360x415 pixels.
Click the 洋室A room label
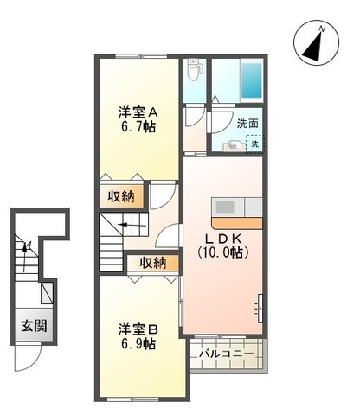[138, 112]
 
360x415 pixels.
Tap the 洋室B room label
[138, 330]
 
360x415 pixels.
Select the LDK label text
[223, 239]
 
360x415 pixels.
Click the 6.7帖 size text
[138, 126]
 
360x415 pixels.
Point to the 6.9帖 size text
[138, 344]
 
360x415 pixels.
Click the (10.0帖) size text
[223, 252]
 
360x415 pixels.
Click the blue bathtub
[252, 80]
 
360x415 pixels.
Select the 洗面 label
[247, 124]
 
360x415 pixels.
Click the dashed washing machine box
[254, 144]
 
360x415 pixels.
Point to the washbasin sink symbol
[234, 146]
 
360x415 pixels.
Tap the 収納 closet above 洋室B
[153, 263]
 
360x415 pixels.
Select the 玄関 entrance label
[34, 326]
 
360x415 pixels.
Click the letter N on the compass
[322, 29]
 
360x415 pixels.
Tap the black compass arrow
[313, 47]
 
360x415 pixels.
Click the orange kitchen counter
[237, 223]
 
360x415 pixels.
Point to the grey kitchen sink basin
[225, 207]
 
